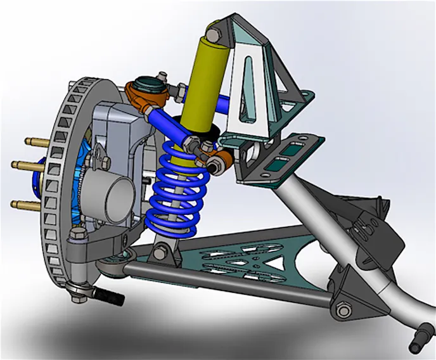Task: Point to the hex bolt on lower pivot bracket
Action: click(343, 310)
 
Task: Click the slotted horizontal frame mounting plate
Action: click(285, 155)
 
